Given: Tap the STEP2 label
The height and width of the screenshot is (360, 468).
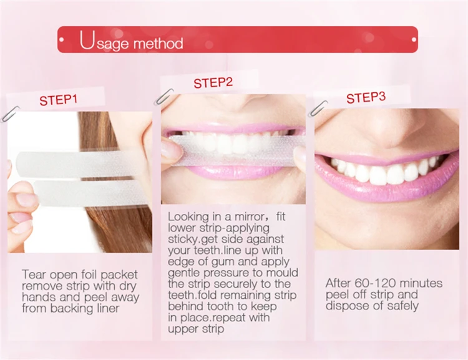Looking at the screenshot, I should pos(213,83).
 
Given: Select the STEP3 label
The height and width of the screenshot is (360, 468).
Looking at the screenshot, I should pos(366,98).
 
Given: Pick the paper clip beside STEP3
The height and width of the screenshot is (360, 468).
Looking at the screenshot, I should pos(318,108).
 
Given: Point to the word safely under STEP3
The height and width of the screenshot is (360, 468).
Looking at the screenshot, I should pos(399,306).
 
